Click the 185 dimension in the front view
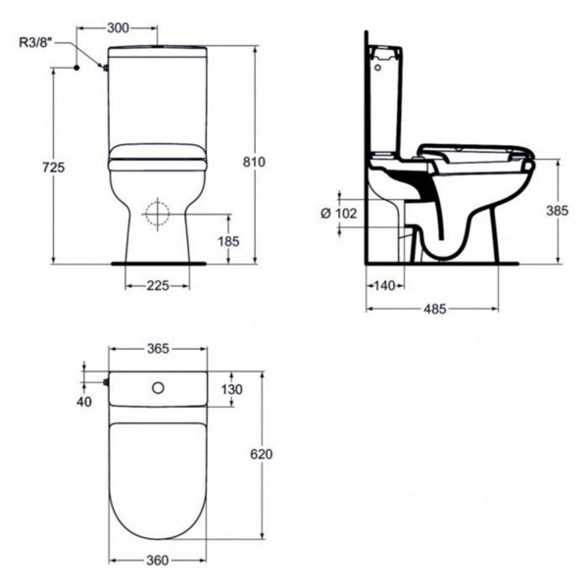pos(228,239)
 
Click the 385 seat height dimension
pos(557,211)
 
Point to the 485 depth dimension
pos(434,309)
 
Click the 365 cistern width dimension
pos(158,348)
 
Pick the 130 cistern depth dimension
pos(232,389)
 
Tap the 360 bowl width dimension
pos(158,562)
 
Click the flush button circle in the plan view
pos(157,389)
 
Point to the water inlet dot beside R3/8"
pos(75,68)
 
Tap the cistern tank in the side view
pos(387,93)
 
